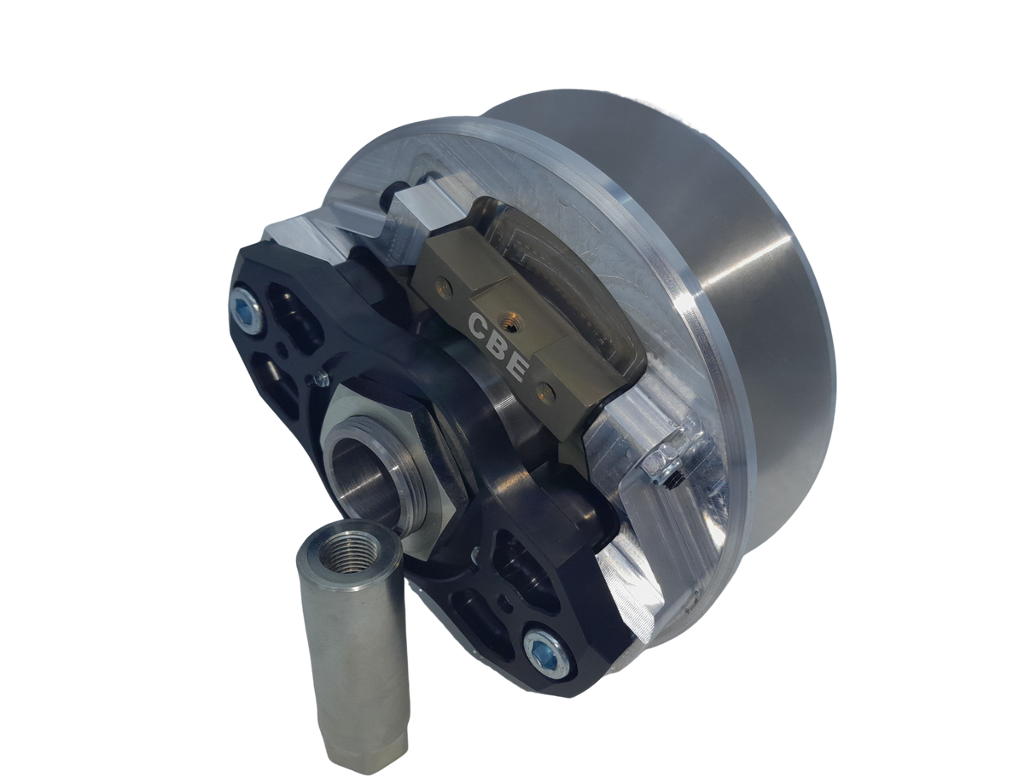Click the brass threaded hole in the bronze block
pos(509,317)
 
